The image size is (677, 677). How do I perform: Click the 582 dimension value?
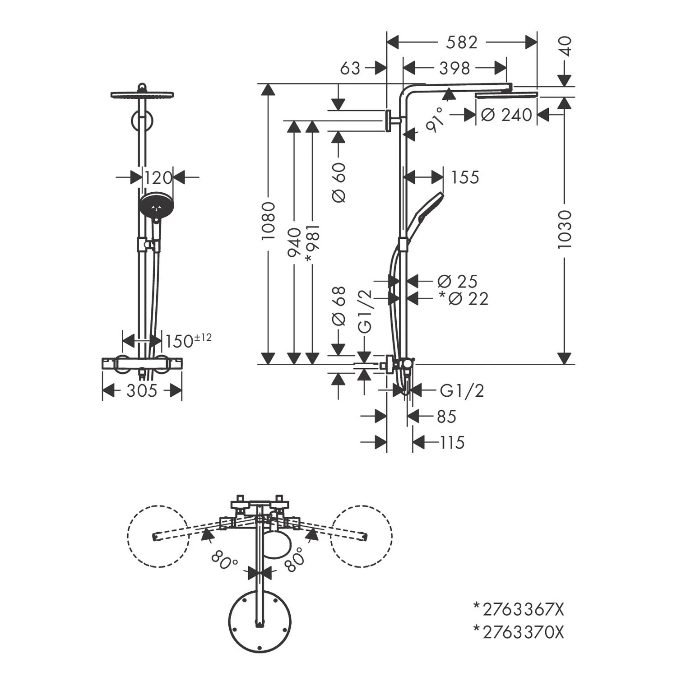(x=461, y=42)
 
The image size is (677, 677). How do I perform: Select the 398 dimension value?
(x=454, y=68)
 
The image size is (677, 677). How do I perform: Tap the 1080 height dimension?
(x=269, y=221)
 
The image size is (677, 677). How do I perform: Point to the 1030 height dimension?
(x=564, y=229)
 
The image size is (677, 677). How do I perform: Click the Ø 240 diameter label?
(x=506, y=115)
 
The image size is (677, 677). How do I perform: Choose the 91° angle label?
(x=435, y=119)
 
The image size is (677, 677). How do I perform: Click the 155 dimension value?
(x=465, y=177)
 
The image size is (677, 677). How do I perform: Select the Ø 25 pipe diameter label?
(x=457, y=281)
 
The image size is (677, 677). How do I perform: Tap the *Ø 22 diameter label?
(x=464, y=298)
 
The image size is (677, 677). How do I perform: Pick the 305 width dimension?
(x=142, y=391)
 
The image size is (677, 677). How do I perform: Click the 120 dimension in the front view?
(x=158, y=178)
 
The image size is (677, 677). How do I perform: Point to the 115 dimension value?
(x=452, y=442)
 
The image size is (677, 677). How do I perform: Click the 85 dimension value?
(x=446, y=416)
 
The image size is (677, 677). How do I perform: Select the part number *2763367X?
(x=519, y=610)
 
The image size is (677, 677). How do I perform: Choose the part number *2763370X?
(x=519, y=632)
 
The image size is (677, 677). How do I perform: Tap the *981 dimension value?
(x=312, y=244)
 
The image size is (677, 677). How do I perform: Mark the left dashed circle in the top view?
(x=158, y=535)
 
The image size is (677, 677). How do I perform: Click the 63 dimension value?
(x=350, y=68)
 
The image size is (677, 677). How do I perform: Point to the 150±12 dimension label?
(x=188, y=341)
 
